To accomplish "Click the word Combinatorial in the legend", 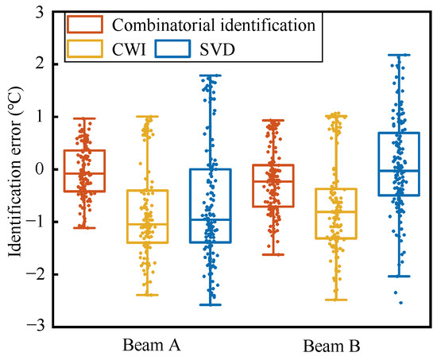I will (x=153, y=24).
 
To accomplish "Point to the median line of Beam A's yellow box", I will (x=147, y=224).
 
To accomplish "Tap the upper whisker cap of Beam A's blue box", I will (x=210, y=75).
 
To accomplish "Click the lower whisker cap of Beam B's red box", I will (x=273, y=254).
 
